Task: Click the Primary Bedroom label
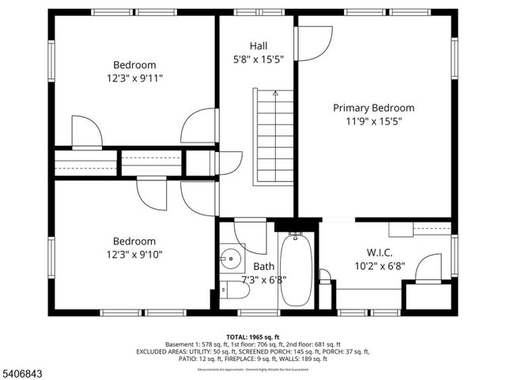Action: click(373, 108)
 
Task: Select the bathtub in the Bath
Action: click(296, 269)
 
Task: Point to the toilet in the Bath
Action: click(236, 291)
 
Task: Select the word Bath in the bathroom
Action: click(264, 267)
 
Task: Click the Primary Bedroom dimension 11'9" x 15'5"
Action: click(373, 121)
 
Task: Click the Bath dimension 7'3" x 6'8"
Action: click(264, 279)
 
